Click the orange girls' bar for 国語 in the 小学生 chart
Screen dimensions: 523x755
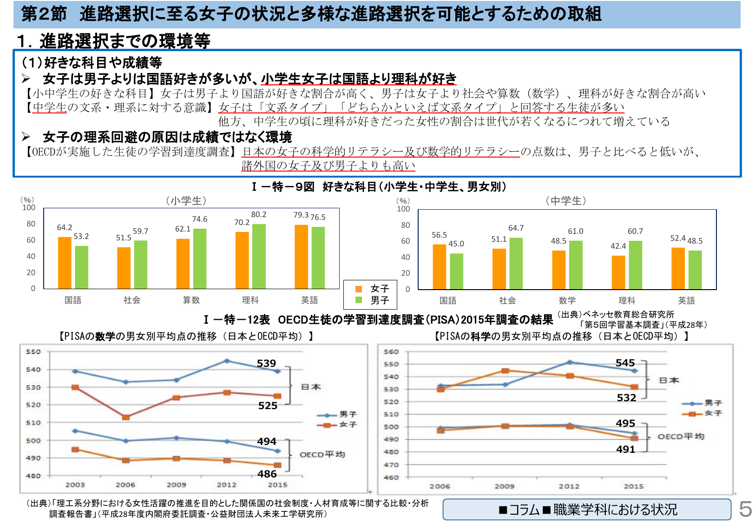[65, 263]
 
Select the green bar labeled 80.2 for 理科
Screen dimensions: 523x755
[259, 256]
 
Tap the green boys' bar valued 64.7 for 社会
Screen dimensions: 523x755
[516, 263]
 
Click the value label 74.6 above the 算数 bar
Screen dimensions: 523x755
[200, 219]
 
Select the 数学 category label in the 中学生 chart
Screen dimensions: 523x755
[567, 301]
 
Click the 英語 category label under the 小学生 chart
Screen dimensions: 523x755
[309, 300]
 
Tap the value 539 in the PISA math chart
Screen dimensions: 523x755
[266, 364]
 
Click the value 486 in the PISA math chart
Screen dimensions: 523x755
[267, 474]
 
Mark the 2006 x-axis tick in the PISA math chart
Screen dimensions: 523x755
[125, 485]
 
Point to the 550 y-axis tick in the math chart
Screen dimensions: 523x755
[33, 352]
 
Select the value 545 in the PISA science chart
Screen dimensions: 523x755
[625, 363]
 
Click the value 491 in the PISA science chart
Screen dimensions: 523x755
[626, 450]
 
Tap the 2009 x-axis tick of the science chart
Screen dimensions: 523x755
[505, 486]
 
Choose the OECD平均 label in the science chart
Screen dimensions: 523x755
[681, 437]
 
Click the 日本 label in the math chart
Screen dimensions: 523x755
[311, 387]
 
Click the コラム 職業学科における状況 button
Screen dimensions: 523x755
[587, 510]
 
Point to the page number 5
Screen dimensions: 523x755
[745, 510]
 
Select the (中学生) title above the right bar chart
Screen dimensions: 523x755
[566, 201]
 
